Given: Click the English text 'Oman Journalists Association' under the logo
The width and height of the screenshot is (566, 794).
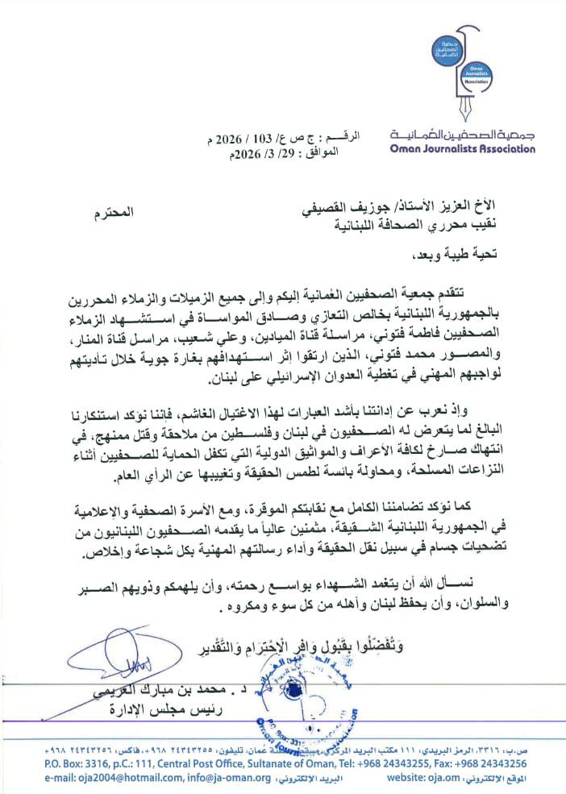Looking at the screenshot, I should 461,148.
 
